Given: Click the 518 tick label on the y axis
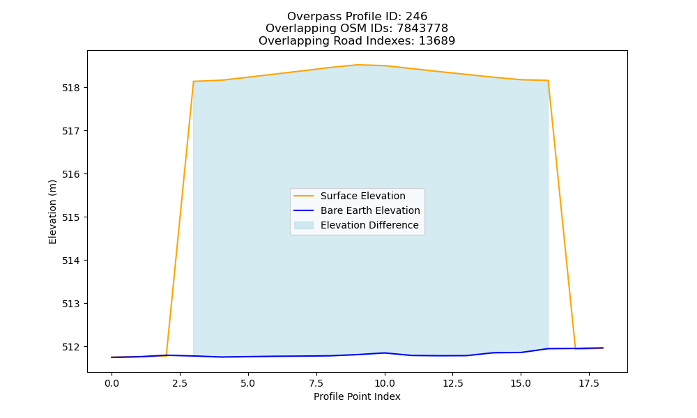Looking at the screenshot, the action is [70, 88].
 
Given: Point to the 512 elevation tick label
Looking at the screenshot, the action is [70, 347].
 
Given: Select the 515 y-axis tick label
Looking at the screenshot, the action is [70, 217].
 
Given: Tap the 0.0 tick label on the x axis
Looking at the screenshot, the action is [112, 383].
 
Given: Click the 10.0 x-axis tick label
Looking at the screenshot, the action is [385, 383].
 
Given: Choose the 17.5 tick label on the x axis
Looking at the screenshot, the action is [589, 383].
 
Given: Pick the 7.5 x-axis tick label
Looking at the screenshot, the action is [316, 383].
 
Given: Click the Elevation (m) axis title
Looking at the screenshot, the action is [52, 212].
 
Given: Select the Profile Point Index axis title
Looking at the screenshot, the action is [357, 396].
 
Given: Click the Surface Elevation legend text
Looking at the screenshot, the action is [362, 196].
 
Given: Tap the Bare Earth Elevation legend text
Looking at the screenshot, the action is [370, 210].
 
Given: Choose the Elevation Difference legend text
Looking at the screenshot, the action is [369, 225].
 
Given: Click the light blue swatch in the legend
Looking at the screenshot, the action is [304, 225].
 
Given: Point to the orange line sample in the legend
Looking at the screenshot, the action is [304, 196].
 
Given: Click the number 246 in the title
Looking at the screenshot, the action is [417, 17].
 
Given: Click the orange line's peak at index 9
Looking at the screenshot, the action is [358, 65].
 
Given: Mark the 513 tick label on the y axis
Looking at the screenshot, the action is [70, 304].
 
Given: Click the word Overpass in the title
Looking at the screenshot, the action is [307, 17].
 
